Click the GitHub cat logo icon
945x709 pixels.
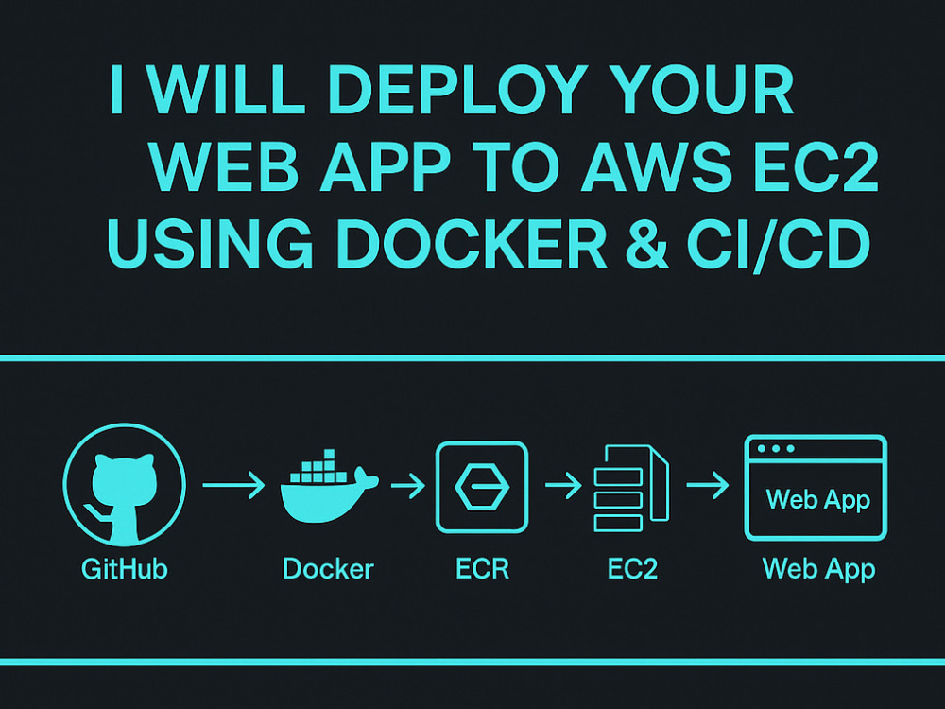pos(124,485)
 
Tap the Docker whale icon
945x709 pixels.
pos(329,486)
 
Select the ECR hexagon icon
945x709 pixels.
pos(482,487)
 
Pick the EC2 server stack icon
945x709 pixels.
pos(631,489)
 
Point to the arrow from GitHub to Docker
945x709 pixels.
pos(233,485)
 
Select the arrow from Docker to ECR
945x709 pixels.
pos(408,485)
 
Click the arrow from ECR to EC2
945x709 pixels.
pos(563,485)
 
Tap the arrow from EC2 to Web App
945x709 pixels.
pos(708,485)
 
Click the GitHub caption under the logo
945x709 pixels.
pos(124,568)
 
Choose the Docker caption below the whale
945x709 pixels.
pos(328,568)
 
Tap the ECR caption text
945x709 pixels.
pos(482,568)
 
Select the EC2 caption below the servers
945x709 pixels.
pos(632,568)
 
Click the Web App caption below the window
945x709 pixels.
pos(818,570)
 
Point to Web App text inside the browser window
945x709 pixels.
pos(817,500)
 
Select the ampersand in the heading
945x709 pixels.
pos(646,244)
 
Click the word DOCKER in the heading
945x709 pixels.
pos(472,244)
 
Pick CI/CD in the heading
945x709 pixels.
pos(778,245)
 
